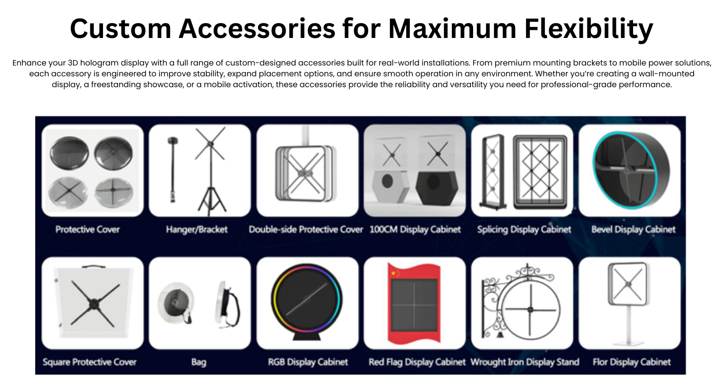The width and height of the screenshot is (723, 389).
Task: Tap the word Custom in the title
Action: (x=120, y=29)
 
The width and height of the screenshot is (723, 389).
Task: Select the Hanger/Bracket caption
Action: (x=197, y=230)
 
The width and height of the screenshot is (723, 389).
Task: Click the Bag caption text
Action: (x=199, y=362)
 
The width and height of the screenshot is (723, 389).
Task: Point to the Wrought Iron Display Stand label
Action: (x=525, y=362)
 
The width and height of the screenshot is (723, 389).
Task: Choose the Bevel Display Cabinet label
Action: (x=633, y=230)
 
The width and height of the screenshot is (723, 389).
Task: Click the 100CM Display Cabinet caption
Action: (x=415, y=230)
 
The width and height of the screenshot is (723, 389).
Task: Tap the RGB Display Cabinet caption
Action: (x=308, y=362)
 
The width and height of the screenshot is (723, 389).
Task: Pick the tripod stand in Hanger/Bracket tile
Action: (x=211, y=171)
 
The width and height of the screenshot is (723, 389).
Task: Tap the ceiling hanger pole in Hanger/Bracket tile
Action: (x=173, y=170)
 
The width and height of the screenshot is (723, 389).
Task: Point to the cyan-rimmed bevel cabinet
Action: (x=631, y=170)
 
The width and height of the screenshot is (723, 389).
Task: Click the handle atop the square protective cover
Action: (x=94, y=267)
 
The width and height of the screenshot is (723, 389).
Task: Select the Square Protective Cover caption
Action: (x=89, y=362)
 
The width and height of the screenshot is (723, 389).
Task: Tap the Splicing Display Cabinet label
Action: (x=524, y=230)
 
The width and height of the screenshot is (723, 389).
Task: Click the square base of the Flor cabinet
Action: (x=629, y=343)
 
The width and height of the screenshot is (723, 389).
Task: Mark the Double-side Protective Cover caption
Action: (x=305, y=230)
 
